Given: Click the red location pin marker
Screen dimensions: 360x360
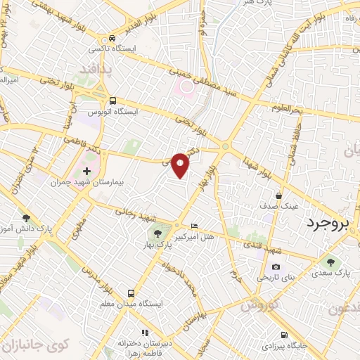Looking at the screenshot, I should pyautogui.click(x=181, y=165).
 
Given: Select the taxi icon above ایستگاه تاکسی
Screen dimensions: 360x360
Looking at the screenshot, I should pyautogui.click(x=112, y=39).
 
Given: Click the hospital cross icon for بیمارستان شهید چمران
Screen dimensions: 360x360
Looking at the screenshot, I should pyautogui.click(x=86, y=171).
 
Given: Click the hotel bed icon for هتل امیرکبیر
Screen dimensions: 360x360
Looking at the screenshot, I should pyautogui.click(x=195, y=226).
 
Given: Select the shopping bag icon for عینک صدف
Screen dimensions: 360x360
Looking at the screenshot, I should pyautogui.click(x=280, y=195).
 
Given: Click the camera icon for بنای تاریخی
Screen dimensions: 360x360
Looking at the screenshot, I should pyautogui.click(x=276, y=267).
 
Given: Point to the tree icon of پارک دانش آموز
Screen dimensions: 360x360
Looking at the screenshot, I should pyautogui.click(x=27, y=219).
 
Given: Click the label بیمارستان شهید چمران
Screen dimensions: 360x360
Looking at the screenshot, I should pyautogui.click(x=87, y=182).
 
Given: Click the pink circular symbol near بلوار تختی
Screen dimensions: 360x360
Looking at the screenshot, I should pyautogui.click(x=185, y=88).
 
